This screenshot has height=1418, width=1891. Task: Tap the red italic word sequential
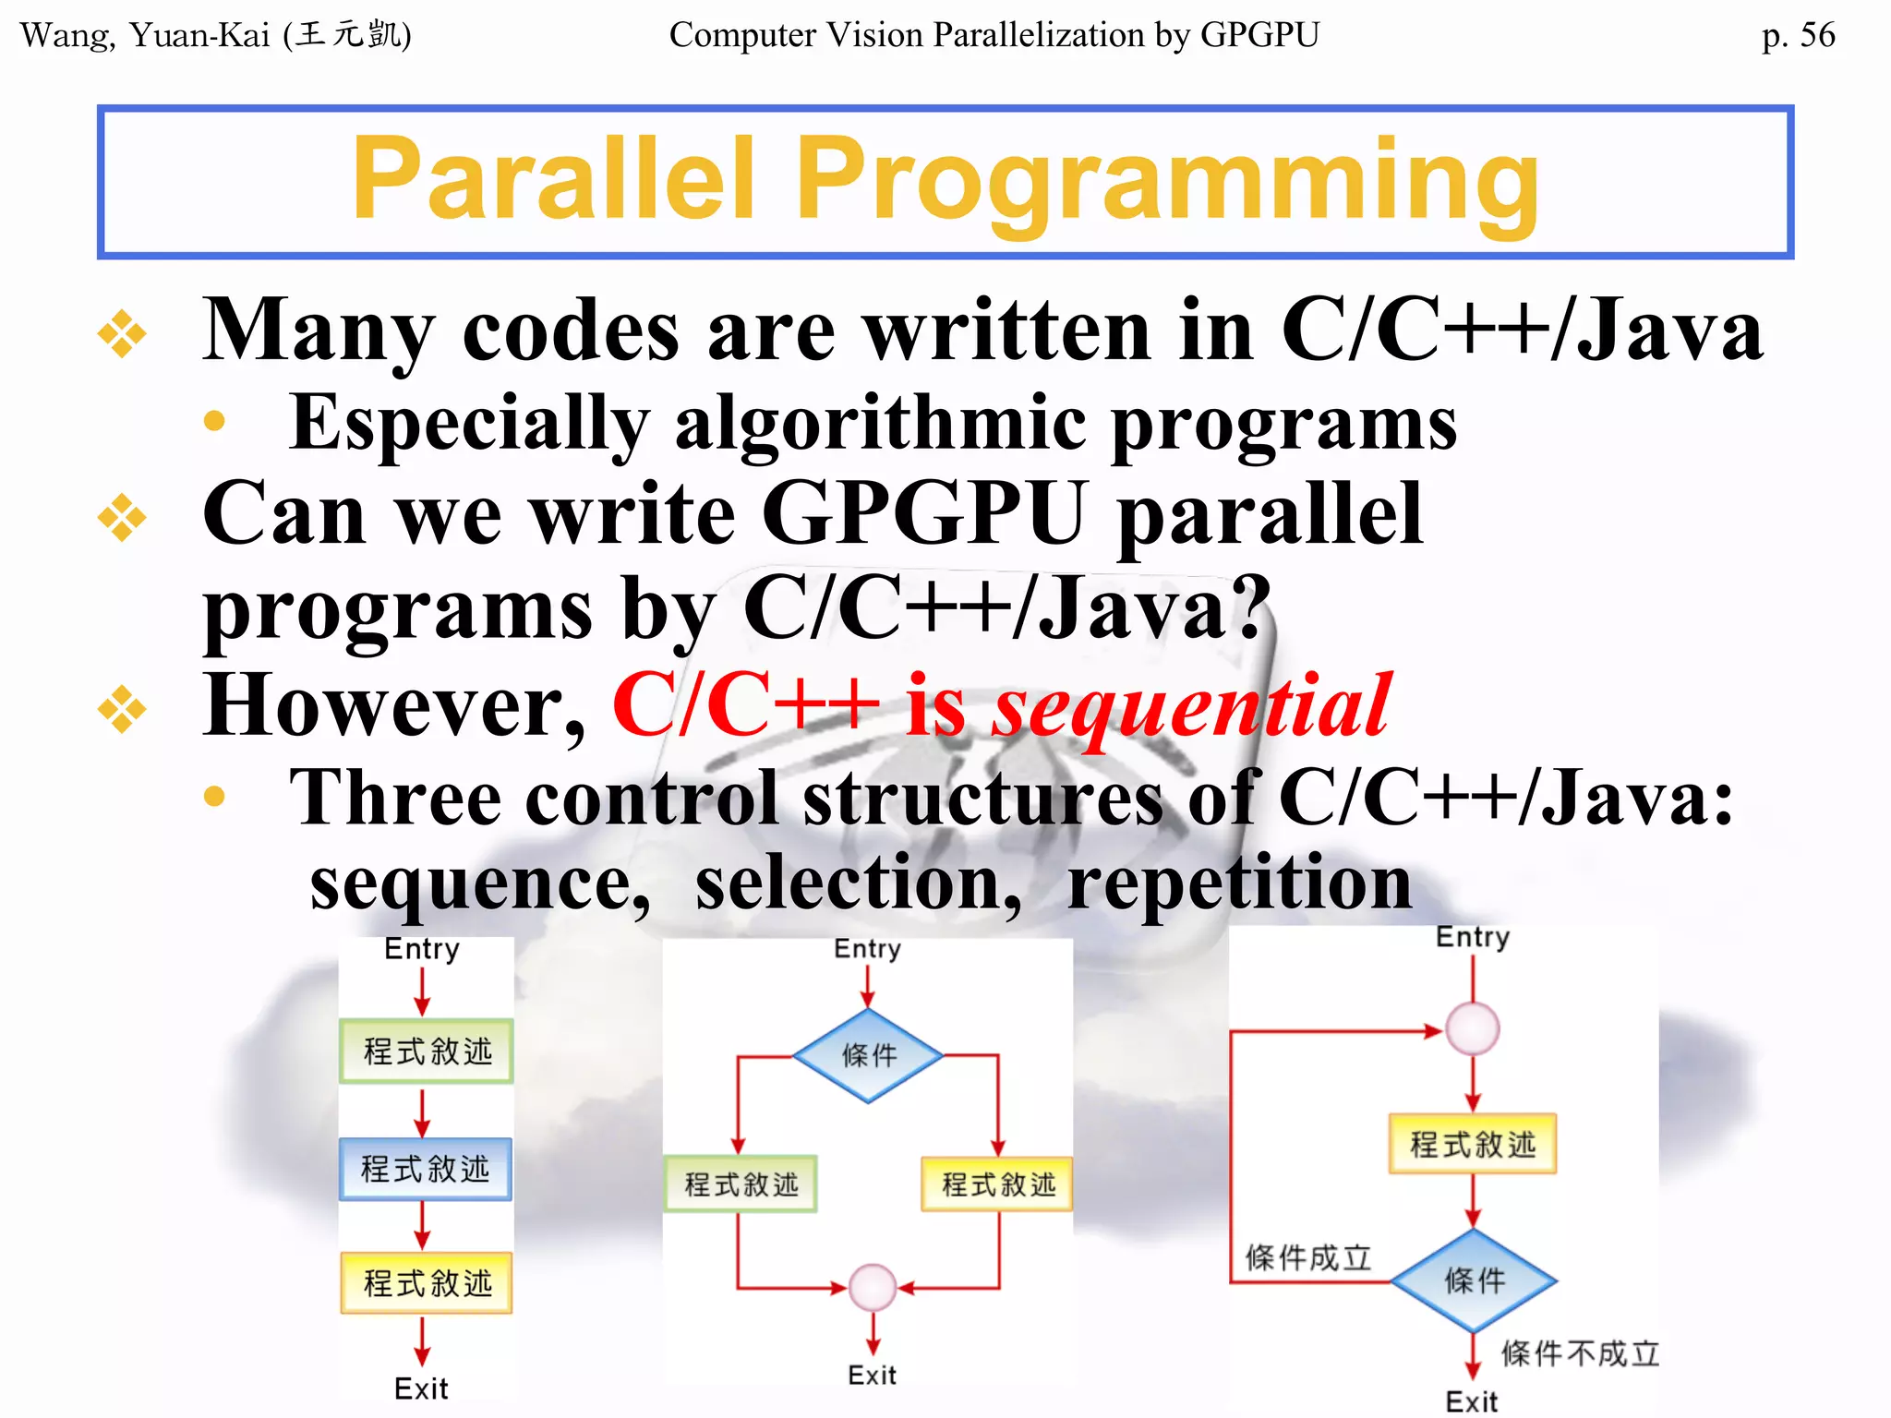(x=1191, y=706)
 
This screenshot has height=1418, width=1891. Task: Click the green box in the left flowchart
(x=427, y=1051)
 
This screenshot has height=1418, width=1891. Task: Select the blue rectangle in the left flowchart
(x=425, y=1169)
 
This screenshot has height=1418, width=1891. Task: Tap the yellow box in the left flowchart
(x=427, y=1282)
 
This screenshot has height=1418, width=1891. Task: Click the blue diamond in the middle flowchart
(x=868, y=1055)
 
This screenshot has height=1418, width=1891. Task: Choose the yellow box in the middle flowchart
(x=997, y=1184)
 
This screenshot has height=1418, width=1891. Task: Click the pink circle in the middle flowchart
(x=872, y=1287)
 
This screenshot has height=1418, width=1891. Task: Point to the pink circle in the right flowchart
(x=1472, y=1028)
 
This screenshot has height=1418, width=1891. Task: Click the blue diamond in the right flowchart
(x=1474, y=1280)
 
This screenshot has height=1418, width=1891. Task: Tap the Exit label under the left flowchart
(x=421, y=1388)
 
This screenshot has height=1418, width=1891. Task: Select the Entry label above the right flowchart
(x=1472, y=937)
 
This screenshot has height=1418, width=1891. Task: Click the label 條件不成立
(x=1580, y=1353)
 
